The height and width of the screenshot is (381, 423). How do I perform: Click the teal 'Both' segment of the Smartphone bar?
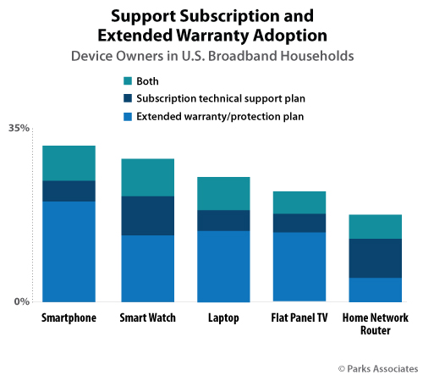click(x=69, y=163)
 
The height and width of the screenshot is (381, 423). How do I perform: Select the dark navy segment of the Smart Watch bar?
click(x=147, y=215)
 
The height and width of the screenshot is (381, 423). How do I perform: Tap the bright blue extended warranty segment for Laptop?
click(x=223, y=266)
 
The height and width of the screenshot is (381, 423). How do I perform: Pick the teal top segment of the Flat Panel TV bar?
click(x=299, y=202)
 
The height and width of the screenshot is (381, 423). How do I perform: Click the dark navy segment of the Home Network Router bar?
click(x=375, y=257)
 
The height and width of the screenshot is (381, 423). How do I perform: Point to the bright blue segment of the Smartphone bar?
click(x=69, y=251)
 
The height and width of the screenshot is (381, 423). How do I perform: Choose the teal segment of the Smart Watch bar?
click(x=147, y=177)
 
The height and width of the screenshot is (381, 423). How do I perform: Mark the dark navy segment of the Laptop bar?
click(x=223, y=220)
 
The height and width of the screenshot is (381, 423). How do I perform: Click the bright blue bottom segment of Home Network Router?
click(x=375, y=289)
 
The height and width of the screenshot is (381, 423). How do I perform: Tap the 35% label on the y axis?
click(x=19, y=129)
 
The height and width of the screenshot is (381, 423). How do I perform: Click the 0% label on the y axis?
click(x=22, y=301)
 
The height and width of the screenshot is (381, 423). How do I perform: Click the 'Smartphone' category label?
click(x=69, y=318)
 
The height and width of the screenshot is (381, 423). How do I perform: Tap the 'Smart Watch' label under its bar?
click(x=147, y=318)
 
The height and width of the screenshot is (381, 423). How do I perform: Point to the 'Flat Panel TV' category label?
click(x=299, y=318)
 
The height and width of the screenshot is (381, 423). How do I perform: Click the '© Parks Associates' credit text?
click(x=377, y=368)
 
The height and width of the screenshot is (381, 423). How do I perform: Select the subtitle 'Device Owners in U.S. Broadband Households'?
click(x=211, y=56)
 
